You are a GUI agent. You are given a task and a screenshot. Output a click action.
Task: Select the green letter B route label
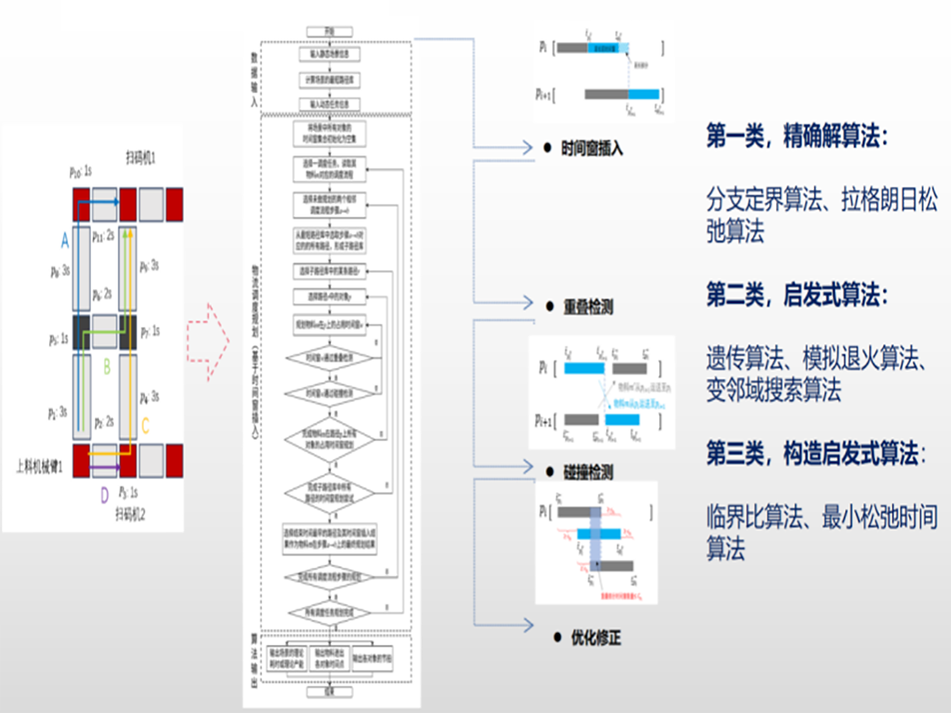(x=107, y=367)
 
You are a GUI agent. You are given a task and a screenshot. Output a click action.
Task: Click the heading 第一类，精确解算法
(x=797, y=136)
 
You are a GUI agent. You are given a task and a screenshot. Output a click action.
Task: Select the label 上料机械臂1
(x=40, y=466)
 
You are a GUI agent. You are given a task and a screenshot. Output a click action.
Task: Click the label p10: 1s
(x=80, y=172)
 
